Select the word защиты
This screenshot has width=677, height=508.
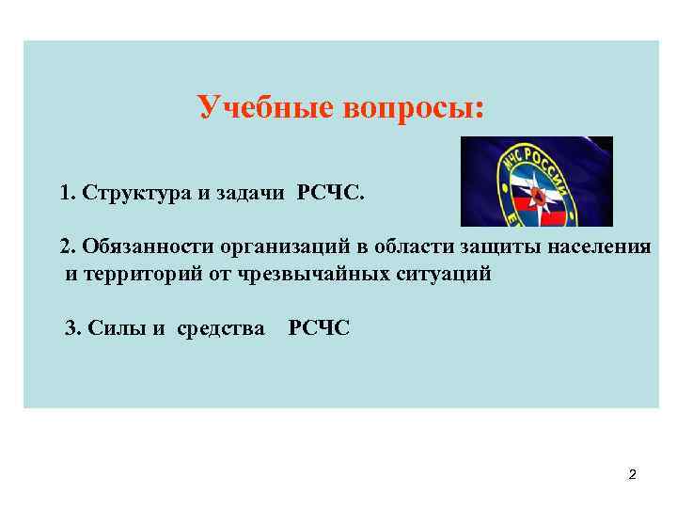(x=496, y=246)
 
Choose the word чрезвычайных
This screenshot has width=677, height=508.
(x=316, y=275)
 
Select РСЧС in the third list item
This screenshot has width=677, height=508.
(x=319, y=327)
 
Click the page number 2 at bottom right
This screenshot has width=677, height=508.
(x=632, y=475)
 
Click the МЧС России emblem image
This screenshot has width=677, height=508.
(x=536, y=182)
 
